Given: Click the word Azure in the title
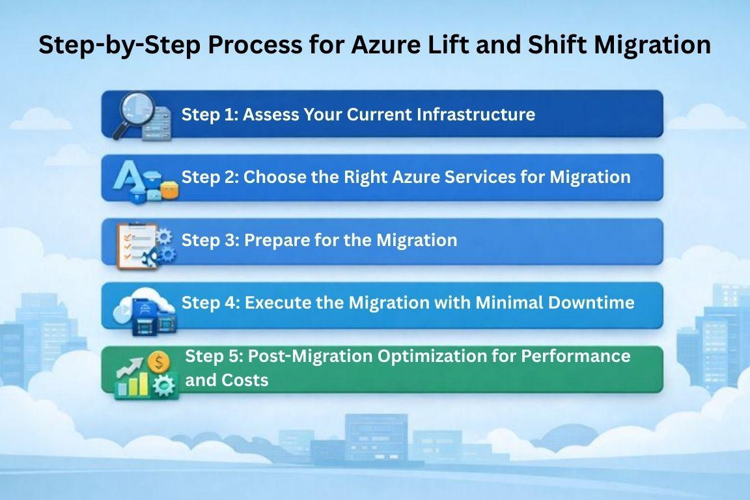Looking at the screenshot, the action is pos(385,44).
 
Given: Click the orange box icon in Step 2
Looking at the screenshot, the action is pos(169,190).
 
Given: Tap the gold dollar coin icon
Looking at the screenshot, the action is pos(158,362).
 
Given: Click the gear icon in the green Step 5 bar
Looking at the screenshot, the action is pos(164,385).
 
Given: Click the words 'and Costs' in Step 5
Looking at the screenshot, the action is pos(227,380).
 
